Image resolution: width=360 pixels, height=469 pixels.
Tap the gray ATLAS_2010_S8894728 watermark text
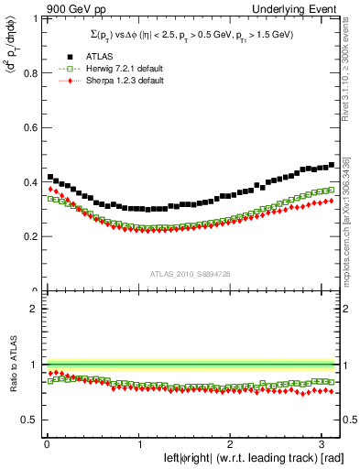[190, 273]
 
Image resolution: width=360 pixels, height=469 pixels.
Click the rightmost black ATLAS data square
[331, 165]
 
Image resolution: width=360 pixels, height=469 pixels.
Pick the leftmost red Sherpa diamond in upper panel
[50, 190]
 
